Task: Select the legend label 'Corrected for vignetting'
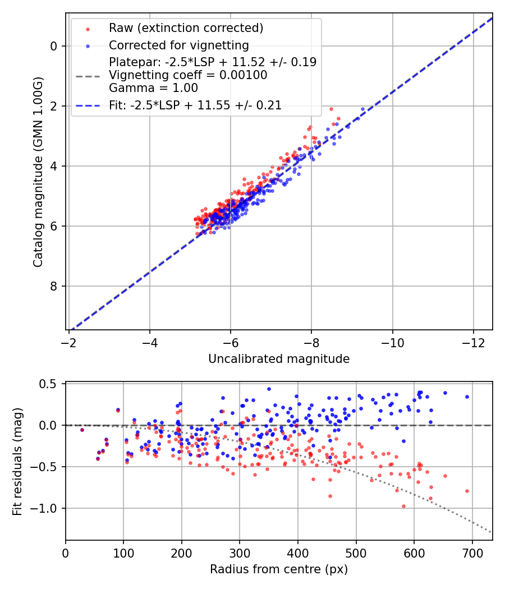pos(179,45)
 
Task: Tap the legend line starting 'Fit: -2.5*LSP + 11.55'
pos(195,105)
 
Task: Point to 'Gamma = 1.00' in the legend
pos(153,88)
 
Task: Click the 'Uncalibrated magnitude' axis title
pos(279,359)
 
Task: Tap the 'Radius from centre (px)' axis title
pos(279,569)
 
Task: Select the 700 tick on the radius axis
pos(472,554)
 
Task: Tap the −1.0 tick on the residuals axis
pos(47,508)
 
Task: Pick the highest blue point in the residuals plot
pos(269,389)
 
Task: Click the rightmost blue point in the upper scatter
pos(362,109)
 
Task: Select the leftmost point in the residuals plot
pos(82,430)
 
